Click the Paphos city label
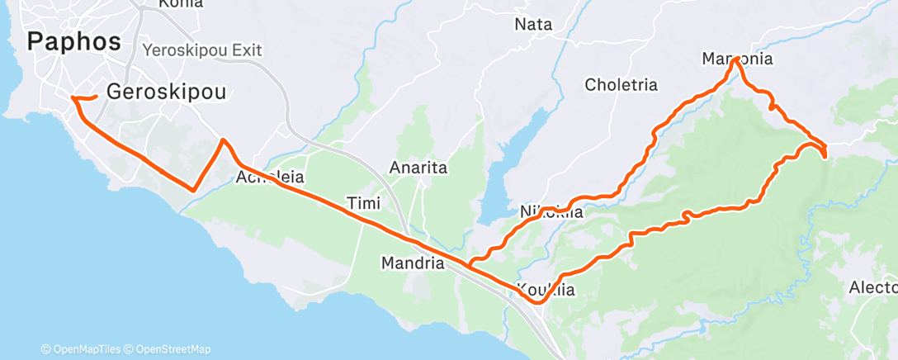(x=74, y=41)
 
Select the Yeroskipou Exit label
(x=202, y=50)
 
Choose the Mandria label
(x=413, y=264)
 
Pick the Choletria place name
(x=621, y=84)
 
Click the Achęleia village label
(x=271, y=177)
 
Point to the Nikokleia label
(x=551, y=212)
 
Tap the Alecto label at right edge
(x=873, y=287)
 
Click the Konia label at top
(x=174, y=3)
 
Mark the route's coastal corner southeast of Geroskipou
(x=193, y=190)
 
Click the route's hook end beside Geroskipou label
(x=96, y=97)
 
